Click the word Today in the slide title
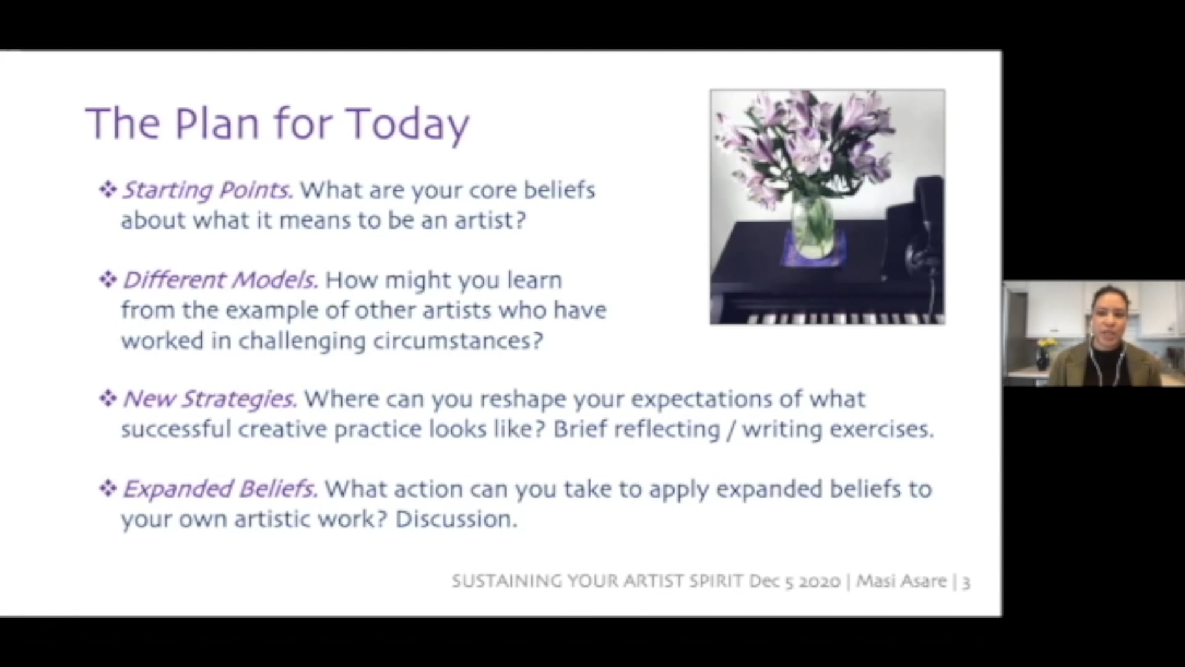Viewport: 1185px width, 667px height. click(408, 124)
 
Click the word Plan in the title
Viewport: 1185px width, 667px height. click(217, 124)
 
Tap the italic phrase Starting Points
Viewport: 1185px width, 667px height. click(207, 190)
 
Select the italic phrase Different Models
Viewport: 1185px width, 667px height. click(220, 280)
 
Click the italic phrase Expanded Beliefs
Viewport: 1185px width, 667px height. click(220, 489)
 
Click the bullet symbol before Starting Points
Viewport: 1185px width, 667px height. click(108, 190)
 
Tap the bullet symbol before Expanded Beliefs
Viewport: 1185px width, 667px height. click(108, 489)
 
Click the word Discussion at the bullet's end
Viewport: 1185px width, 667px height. click(455, 519)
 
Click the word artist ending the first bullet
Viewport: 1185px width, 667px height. click(489, 220)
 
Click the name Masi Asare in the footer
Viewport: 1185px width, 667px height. click(901, 582)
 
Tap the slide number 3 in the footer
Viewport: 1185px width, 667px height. click(966, 582)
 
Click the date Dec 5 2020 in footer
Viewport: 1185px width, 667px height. click(794, 582)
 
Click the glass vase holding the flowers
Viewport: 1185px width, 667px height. click(812, 225)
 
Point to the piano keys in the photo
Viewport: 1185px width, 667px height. click(846, 319)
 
